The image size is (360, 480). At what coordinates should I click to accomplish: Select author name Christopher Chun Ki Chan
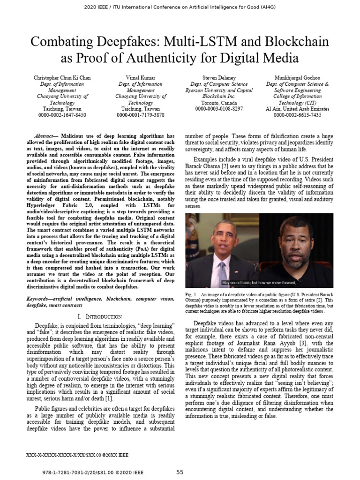coord(62,78)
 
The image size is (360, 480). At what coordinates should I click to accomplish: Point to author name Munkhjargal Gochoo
coord(297,78)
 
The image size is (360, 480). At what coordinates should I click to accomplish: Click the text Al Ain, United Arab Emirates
coord(297,109)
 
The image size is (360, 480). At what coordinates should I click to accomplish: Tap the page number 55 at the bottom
coord(180,472)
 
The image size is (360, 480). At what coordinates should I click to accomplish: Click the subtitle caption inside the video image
coord(260,283)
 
